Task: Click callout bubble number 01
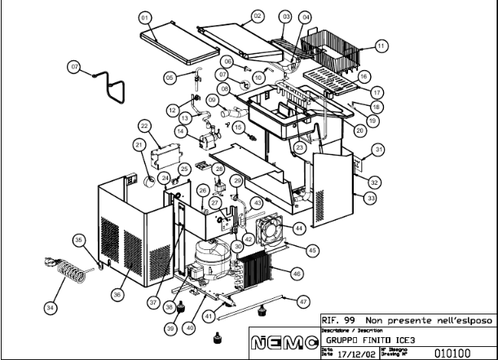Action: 146,16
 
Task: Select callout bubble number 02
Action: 258,16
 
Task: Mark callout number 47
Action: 303,301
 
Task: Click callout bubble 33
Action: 370,198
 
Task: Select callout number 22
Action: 143,126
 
